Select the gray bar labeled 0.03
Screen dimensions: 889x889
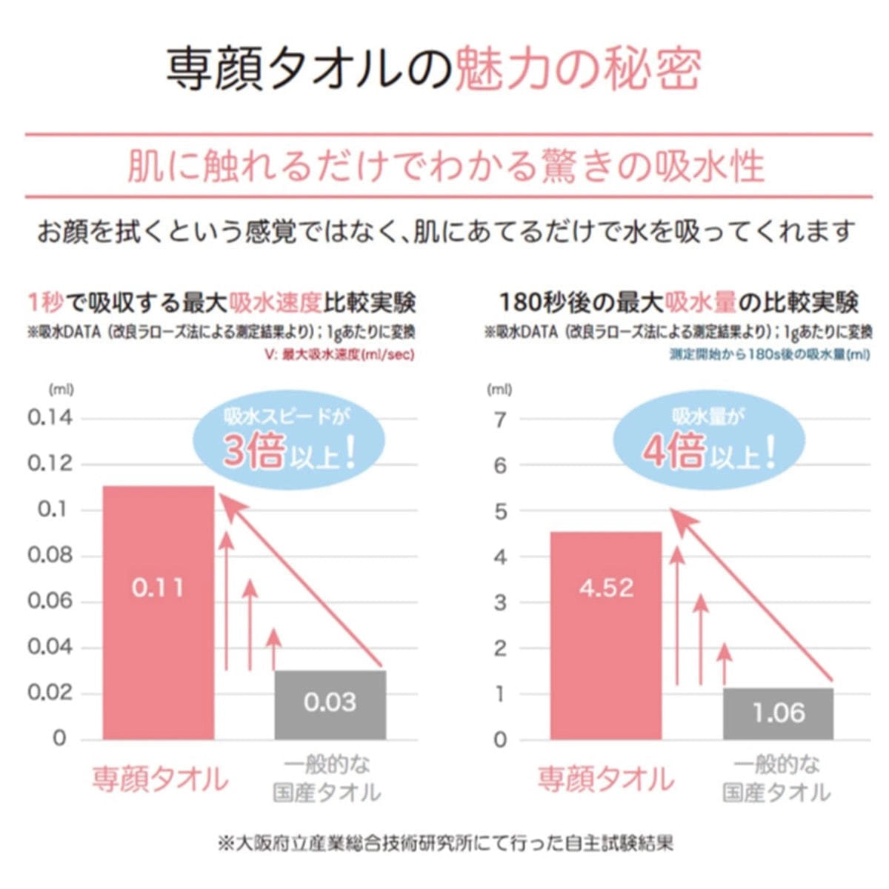(x=330, y=705)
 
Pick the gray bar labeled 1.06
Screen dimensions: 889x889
(x=779, y=713)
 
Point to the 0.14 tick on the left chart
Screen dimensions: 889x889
(x=50, y=418)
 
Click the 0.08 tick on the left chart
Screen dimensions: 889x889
(x=50, y=555)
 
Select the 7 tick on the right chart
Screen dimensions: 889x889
(x=500, y=420)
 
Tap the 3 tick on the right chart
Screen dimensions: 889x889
(x=500, y=602)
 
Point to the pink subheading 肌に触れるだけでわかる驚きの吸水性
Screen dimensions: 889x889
(x=445, y=166)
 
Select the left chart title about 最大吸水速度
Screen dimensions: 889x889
(x=221, y=302)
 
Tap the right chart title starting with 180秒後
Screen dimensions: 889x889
(x=678, y=302)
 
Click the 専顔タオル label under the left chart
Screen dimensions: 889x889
(x=160, y=779)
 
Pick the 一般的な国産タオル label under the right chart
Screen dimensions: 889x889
(x=776, y=779)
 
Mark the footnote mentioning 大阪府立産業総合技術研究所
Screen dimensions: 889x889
(x=445, y=843)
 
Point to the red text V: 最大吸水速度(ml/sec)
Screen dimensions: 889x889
(x=339, y=355)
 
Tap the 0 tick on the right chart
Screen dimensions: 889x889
(x=500, y=739)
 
